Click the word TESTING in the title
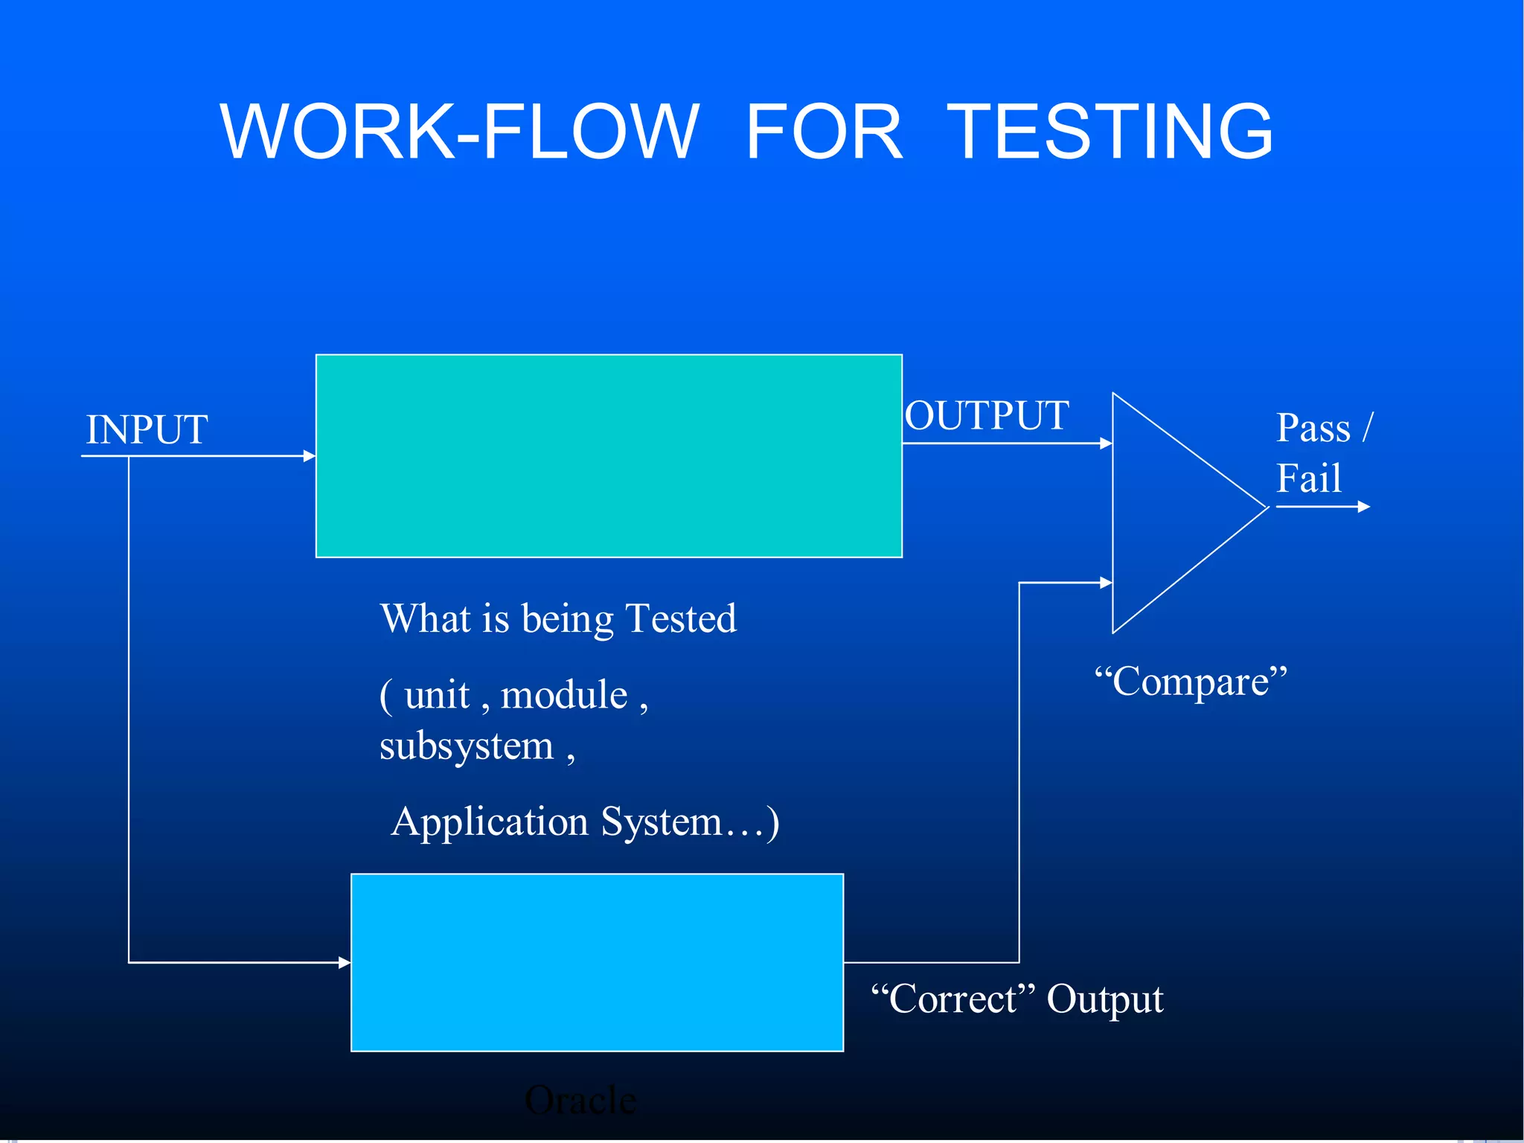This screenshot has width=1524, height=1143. click(1110, 132)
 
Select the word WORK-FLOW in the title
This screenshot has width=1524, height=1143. click(459, 132)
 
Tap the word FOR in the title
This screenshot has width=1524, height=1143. click(824, 132)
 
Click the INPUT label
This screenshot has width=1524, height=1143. click(147, 429)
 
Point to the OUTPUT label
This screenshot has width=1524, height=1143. click(987, 415)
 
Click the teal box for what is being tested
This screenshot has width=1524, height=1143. click(609, 456)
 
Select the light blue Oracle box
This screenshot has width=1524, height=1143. click(597, 962)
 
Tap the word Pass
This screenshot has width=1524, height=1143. click(1313, 428)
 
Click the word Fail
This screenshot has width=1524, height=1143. click(1309, 478)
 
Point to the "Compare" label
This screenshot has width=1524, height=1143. click(1191, 681)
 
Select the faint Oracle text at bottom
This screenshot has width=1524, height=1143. click(580, 1100)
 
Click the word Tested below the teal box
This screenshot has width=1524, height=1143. click(681, 618)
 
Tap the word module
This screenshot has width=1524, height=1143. click(564, 695)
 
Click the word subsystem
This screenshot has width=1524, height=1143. click(467, 746)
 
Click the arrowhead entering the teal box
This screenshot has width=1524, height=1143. click(310, 455)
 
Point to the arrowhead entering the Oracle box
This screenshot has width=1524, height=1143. click(345, 962)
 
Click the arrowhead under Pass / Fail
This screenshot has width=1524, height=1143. click(1363, 507)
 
